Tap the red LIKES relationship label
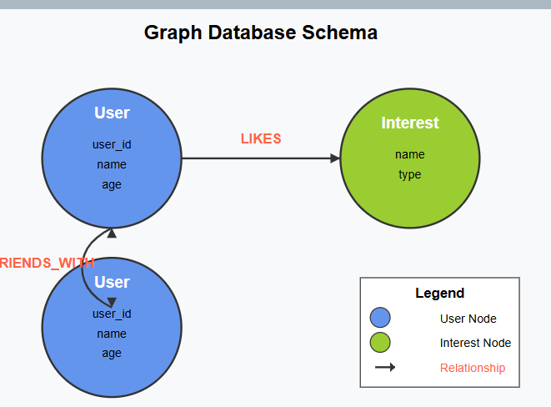coord(261,138)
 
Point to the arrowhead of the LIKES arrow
coord(335,158)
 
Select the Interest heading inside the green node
coord(409,123)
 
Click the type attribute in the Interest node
coord(409,174)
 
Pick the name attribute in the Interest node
coord(409,154)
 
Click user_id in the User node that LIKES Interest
coord(112,144)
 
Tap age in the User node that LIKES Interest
coord(112,184)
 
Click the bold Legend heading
coord(439,293)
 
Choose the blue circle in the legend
coord(380,318)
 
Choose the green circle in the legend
coord(380,343)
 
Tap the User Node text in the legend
coord(468,319)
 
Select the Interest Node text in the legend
coord(475,343)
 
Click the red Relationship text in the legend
coord(472,368)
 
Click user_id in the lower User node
coord(112,314)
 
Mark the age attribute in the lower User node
coord(112,353)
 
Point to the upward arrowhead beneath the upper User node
coord(112,234)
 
